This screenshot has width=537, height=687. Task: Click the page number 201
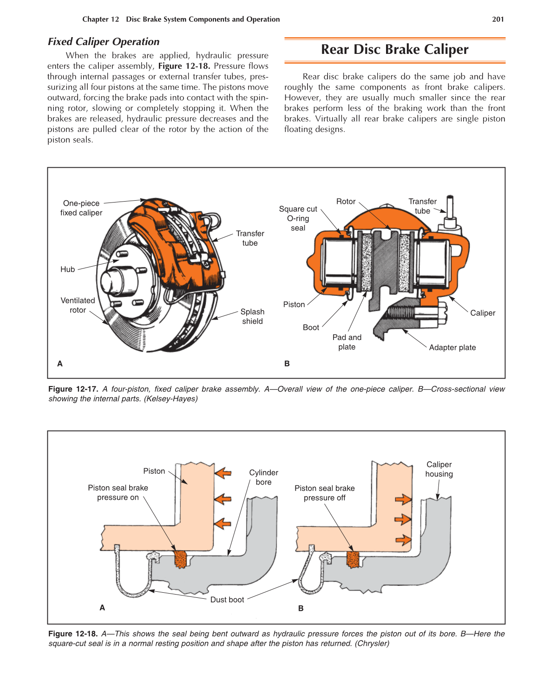[x=498, y=19]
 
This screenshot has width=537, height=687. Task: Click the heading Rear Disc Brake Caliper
[x=394, y=49]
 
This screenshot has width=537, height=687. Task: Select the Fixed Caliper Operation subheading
[x=104, y=41]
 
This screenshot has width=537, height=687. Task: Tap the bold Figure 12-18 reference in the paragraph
[x=184, y=66]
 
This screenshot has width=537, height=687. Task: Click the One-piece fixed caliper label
[x=81, y=208]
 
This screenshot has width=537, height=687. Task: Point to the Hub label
[x=67, y=269]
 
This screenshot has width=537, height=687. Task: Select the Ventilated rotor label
[x=78, y=305]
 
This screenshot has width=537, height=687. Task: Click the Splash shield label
[x=252, y=316]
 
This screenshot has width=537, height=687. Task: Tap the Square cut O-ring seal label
[x=298, y=218]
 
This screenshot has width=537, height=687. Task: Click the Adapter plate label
[x=452, y=347]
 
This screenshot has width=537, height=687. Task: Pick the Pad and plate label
[x=347, y=342]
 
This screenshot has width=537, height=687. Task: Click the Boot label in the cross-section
[x=311, y=327]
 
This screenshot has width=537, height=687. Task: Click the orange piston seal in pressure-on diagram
[x=180, y=559]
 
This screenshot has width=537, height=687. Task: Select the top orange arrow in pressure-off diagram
[x=403, y=499]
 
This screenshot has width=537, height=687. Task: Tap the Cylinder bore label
[x=263, y=477]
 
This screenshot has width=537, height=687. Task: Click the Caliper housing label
[x=439, y=469]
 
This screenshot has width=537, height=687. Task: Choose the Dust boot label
[x=227, y=600]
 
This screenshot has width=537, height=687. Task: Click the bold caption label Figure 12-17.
[x=73, y=389]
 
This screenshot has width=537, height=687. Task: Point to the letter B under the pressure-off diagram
[x=301, y=608]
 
